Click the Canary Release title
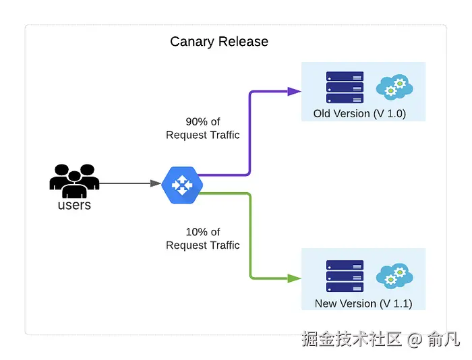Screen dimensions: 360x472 tap(219, 42)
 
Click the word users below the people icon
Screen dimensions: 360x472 tap(74, 205)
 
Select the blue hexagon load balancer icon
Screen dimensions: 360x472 tap(181, 184)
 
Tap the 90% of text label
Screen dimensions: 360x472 tap(203, 122)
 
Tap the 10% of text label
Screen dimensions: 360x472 tap(203, 232)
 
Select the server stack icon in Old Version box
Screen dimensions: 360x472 tap(345, 88)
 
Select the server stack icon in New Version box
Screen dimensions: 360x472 tap(345, 276)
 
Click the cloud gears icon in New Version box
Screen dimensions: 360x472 tap(394, 276)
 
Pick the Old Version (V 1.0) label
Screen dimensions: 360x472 tap(359, 114)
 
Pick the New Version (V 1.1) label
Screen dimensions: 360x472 tap(363, 303)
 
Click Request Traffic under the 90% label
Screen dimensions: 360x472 tap(203, 135)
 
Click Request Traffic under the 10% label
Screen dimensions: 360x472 tap(203, 245)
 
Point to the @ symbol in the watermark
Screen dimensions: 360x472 tap(414, 339)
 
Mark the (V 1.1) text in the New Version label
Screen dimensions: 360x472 tap(396, 303)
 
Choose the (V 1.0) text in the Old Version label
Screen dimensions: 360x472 tap(390, 114)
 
